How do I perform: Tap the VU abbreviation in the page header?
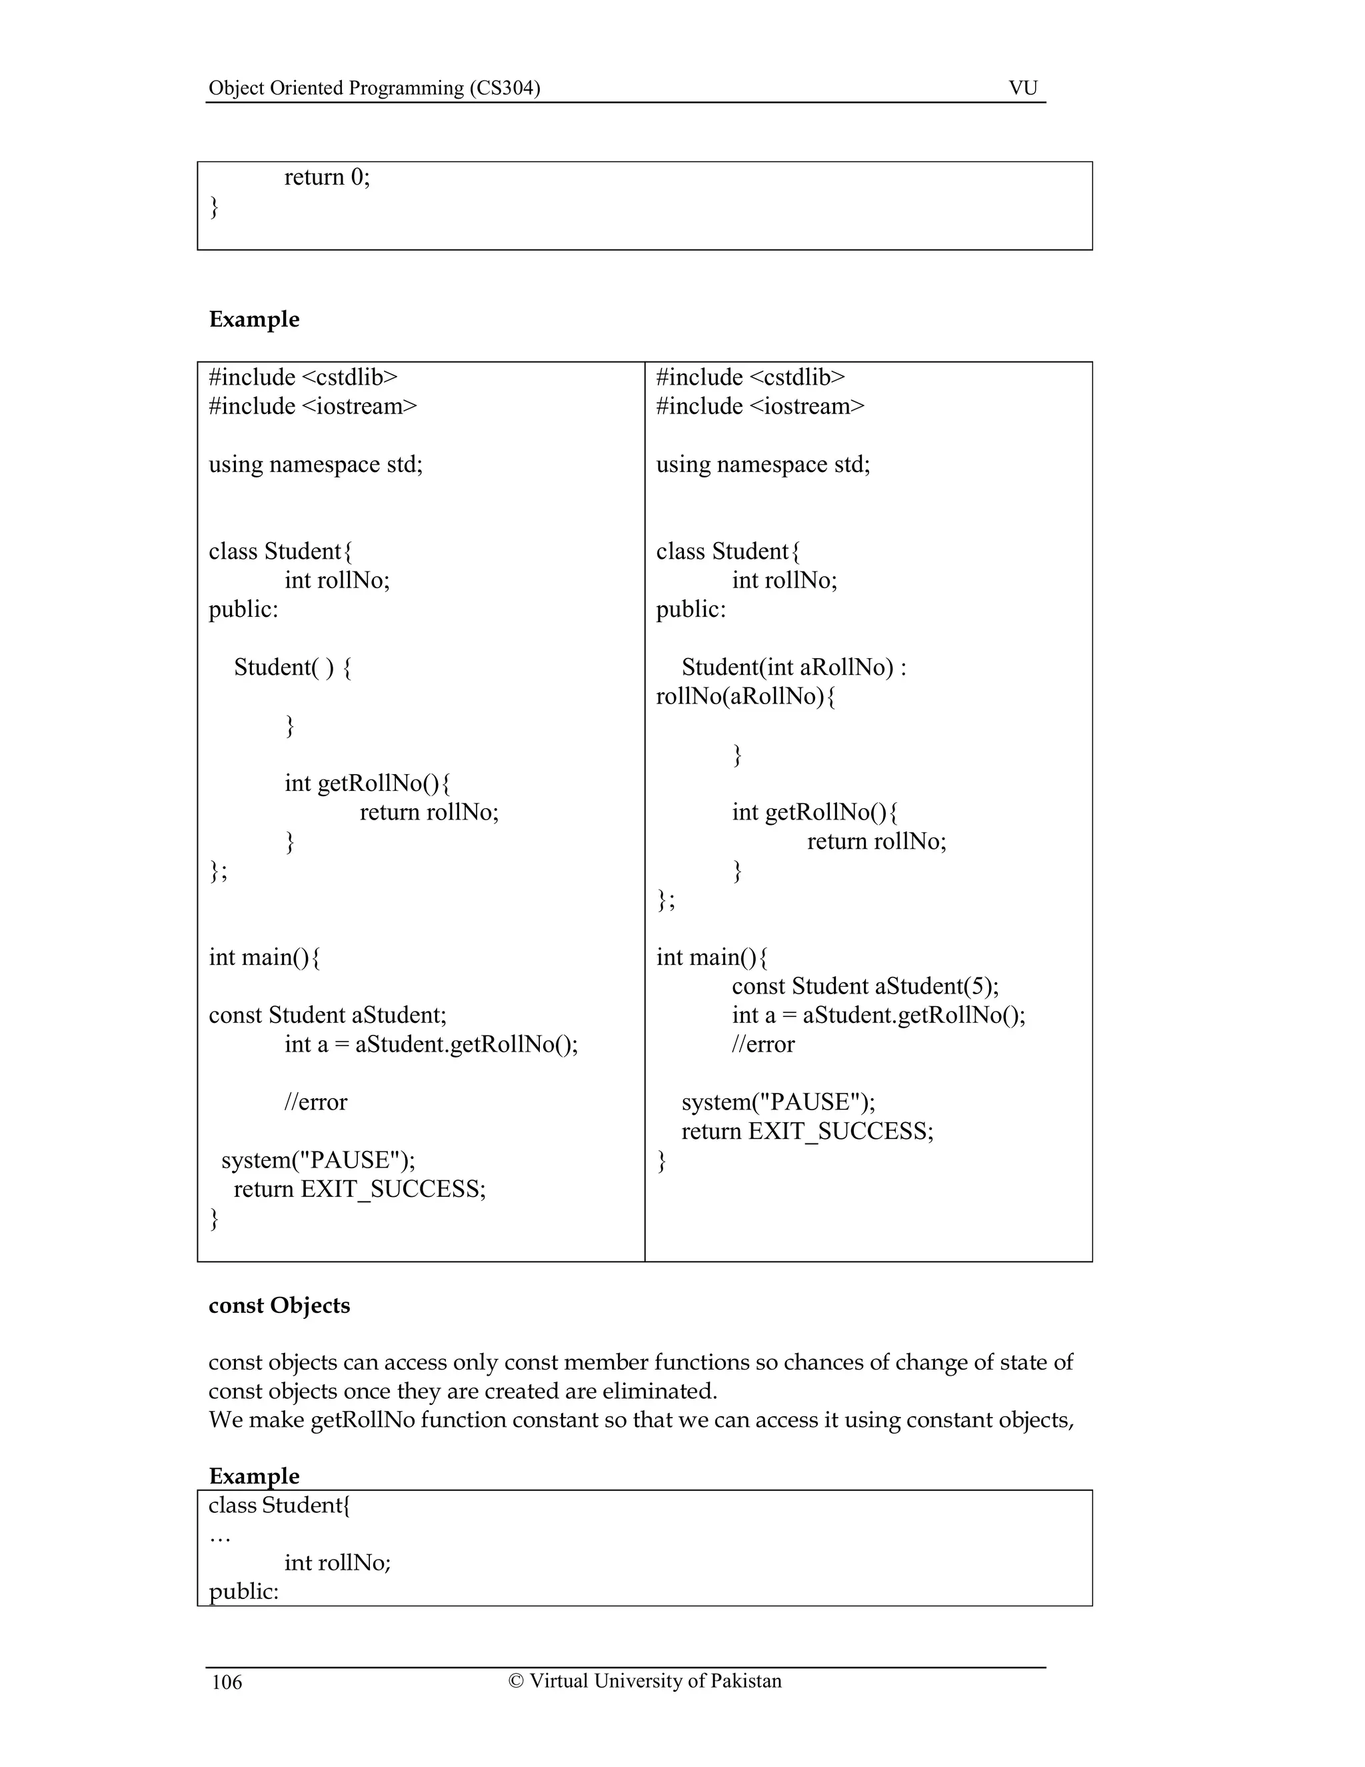[1023, 87]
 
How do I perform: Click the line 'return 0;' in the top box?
[327, 177]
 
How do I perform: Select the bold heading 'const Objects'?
[279, 1305]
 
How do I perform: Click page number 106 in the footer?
[227, 1682]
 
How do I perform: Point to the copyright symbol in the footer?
[516, 1680]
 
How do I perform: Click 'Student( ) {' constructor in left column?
[293, 667]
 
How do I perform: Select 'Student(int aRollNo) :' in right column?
[793, 667]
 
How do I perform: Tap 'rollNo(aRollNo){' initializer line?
[746, 695]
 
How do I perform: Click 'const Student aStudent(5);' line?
[865, 986]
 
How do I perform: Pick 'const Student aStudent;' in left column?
[327, 1015]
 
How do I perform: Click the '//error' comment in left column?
[315, 1102]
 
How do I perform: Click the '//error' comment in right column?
[762, 1044]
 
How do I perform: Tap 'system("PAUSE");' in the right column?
[778, 1102]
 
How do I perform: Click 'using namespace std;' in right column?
[762, 464]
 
